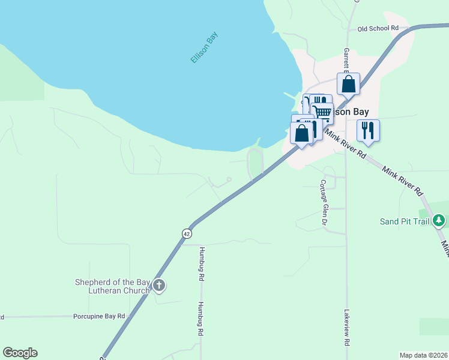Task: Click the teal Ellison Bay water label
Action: click(x=203, y=48)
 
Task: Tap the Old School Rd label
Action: click(x=378, y=28)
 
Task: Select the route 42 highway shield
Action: click(x=187, y=232)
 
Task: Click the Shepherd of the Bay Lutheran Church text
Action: click(x=112, y=286)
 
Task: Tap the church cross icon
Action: click(x=158, y=286)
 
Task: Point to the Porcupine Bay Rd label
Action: click(x=99, y=316)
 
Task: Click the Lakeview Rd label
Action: click(x=346, y=328)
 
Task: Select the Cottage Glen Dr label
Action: click(x=324, y=202)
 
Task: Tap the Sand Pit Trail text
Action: click(x=405, y=221)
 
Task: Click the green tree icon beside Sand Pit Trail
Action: click(x=439, y=221)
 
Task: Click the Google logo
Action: click(x=20, y=353)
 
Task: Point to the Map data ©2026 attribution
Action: click(x=423, y=355)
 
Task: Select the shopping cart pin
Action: click(x=322, y=112)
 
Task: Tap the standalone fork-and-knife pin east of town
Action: click(x=367, y=130)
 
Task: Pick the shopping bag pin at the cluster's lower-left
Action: click(x=302, y=133)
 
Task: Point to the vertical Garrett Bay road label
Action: click(x=346, y=60)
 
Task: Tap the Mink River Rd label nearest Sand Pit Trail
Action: click(x=403, y=181)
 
